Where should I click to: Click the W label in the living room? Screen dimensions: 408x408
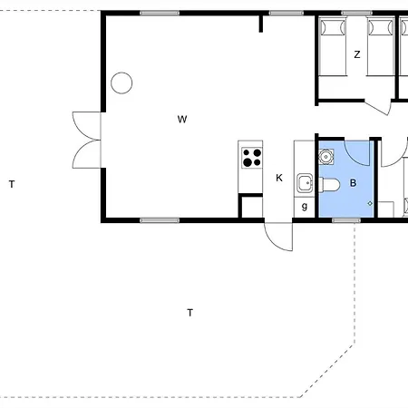[x=182, y=120]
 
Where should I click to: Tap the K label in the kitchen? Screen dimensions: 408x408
[x=279, y=178]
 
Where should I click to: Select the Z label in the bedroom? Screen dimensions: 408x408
[x=357, y=54]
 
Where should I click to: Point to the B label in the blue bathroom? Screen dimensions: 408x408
[x=353, y=183]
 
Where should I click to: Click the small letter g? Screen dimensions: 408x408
[x=305, y=207]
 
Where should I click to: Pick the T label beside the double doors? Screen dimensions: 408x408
[x=12, y=184]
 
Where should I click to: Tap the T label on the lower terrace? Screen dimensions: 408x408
[x=189, y=313]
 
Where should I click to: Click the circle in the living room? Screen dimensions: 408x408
[x=121, y=83]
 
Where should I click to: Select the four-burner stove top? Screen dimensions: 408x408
[x=252, y=158]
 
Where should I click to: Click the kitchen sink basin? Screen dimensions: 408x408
[x=305, y=183]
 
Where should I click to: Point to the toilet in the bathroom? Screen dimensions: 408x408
[x=329, y=184]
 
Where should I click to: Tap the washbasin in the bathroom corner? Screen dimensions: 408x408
[x=326, y=157]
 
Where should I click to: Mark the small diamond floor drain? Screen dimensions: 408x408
[x=370, y=204]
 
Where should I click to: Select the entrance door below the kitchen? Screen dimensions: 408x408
[x=278, y=237]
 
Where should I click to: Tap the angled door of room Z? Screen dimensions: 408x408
[x=377, y=107]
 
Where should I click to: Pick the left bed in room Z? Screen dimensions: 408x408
[x=333, y=46]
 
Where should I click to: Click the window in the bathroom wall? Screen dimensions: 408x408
[x=346, y=220]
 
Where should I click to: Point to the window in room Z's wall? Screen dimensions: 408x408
[x=356, y=13]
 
